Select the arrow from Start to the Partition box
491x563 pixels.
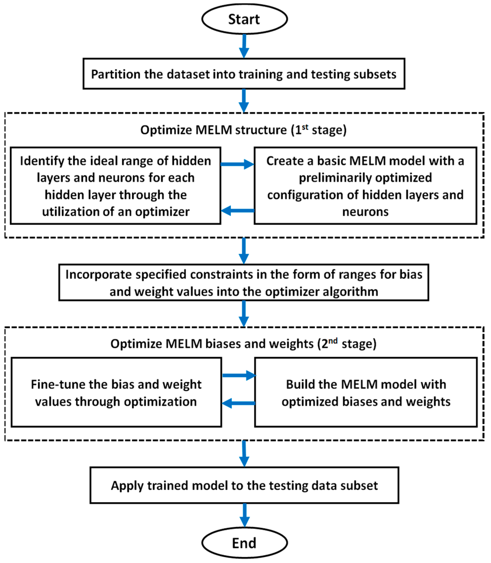244,46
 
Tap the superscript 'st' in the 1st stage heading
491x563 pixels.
305,127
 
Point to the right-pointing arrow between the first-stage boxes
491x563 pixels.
237,164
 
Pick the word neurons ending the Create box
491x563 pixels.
365,212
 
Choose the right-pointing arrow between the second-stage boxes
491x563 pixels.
239,375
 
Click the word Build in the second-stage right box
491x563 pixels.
300,384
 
